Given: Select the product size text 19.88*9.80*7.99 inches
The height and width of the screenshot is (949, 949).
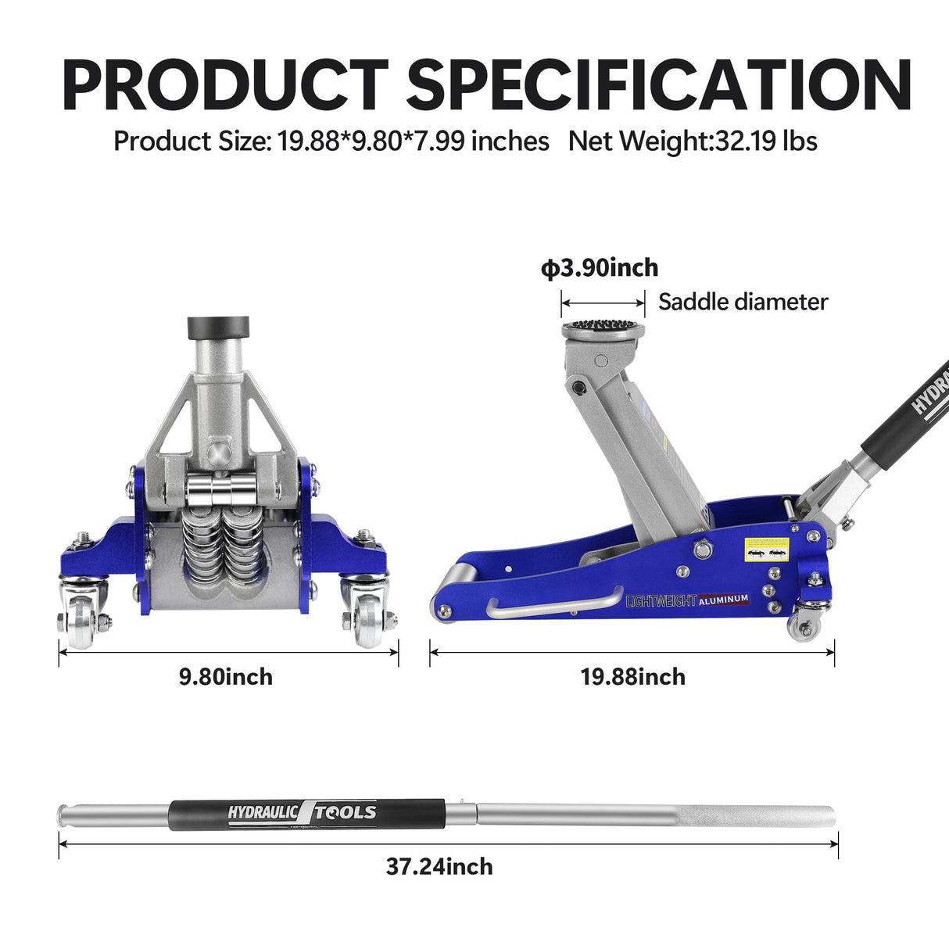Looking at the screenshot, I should click(x=413, y=141).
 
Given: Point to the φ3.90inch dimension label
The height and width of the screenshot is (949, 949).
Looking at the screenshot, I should click(x=600, y=268).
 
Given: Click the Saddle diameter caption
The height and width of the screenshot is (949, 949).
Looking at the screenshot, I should click(x=743, y=302).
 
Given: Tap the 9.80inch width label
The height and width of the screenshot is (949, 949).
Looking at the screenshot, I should click(x=226, y=676).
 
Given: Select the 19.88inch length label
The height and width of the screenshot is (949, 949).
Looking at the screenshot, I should click(x=632, y=676).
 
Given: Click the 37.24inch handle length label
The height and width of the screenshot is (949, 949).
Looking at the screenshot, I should click(x=439, y=866).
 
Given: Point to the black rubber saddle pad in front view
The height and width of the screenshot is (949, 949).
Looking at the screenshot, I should click(x=218, y=325).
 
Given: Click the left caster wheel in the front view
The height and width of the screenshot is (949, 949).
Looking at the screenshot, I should click(x=81, y=619).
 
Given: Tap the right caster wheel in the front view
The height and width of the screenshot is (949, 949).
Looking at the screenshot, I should click(x=367, y=619).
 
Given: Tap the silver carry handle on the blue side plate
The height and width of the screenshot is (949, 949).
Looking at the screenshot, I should click(x=554, y=605).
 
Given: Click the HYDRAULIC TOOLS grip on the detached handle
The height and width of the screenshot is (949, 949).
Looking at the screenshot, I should click(x=306, y=813).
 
